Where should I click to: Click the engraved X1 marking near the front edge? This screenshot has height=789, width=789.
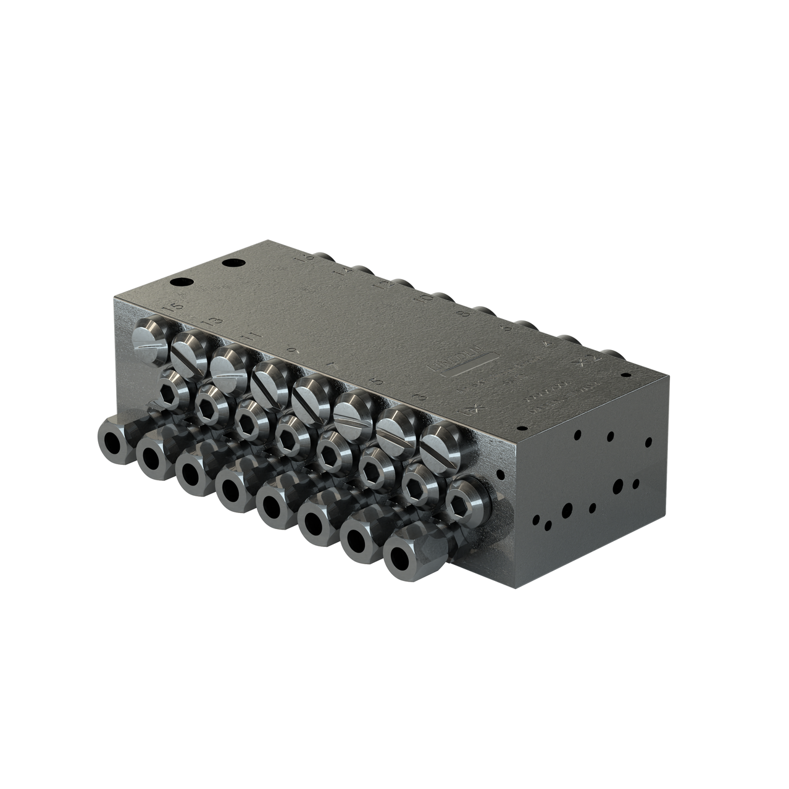click(x=472, y=409)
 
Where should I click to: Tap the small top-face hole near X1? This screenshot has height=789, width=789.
click(x=520, y=427)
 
